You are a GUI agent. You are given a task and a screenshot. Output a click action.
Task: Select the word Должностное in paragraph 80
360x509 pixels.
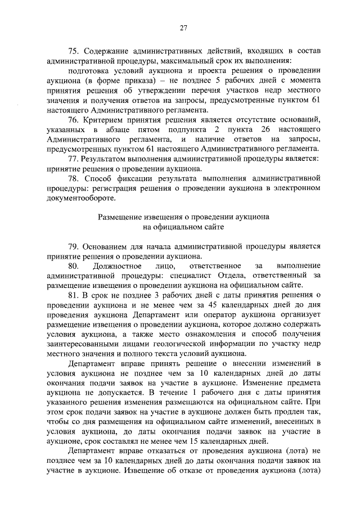(125, 265)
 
